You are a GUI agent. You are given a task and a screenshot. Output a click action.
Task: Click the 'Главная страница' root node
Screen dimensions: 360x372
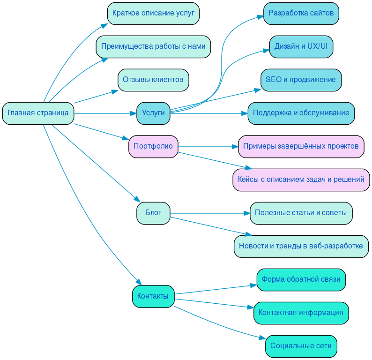38,113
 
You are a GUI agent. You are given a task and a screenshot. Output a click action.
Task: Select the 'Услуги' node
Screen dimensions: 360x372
153,113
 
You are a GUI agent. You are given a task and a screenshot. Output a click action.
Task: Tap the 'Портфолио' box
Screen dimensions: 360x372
153,146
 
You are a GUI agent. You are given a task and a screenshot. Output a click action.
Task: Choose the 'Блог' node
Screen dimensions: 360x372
153,213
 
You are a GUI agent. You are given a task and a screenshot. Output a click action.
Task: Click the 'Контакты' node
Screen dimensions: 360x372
153,296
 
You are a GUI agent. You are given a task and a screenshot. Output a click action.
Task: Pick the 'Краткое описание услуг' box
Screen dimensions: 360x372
153,13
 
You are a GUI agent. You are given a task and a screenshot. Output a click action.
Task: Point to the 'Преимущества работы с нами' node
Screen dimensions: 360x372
153,46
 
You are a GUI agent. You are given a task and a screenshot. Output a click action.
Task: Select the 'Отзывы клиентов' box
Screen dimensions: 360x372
153,80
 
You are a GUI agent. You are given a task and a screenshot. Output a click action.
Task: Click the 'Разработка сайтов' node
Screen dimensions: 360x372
301,13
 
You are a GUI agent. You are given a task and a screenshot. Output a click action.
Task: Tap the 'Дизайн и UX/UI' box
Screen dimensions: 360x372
301,46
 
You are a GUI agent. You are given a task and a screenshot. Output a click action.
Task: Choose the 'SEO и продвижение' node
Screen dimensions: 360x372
301,80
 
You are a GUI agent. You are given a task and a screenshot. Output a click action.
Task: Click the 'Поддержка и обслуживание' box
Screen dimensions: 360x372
301,113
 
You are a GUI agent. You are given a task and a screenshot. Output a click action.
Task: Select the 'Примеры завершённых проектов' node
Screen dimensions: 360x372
301,146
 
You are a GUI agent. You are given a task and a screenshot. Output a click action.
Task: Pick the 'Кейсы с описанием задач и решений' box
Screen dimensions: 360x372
301,180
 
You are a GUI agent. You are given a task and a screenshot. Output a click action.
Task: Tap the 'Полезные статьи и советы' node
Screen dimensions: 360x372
301,213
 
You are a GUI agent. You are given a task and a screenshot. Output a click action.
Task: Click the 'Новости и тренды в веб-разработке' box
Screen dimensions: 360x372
301,246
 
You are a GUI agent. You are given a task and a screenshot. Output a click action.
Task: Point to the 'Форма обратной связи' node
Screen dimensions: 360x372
301,279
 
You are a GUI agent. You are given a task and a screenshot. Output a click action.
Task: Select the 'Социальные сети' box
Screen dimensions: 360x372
301,346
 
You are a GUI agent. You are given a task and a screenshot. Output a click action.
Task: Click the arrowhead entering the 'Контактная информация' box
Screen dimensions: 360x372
250,307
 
